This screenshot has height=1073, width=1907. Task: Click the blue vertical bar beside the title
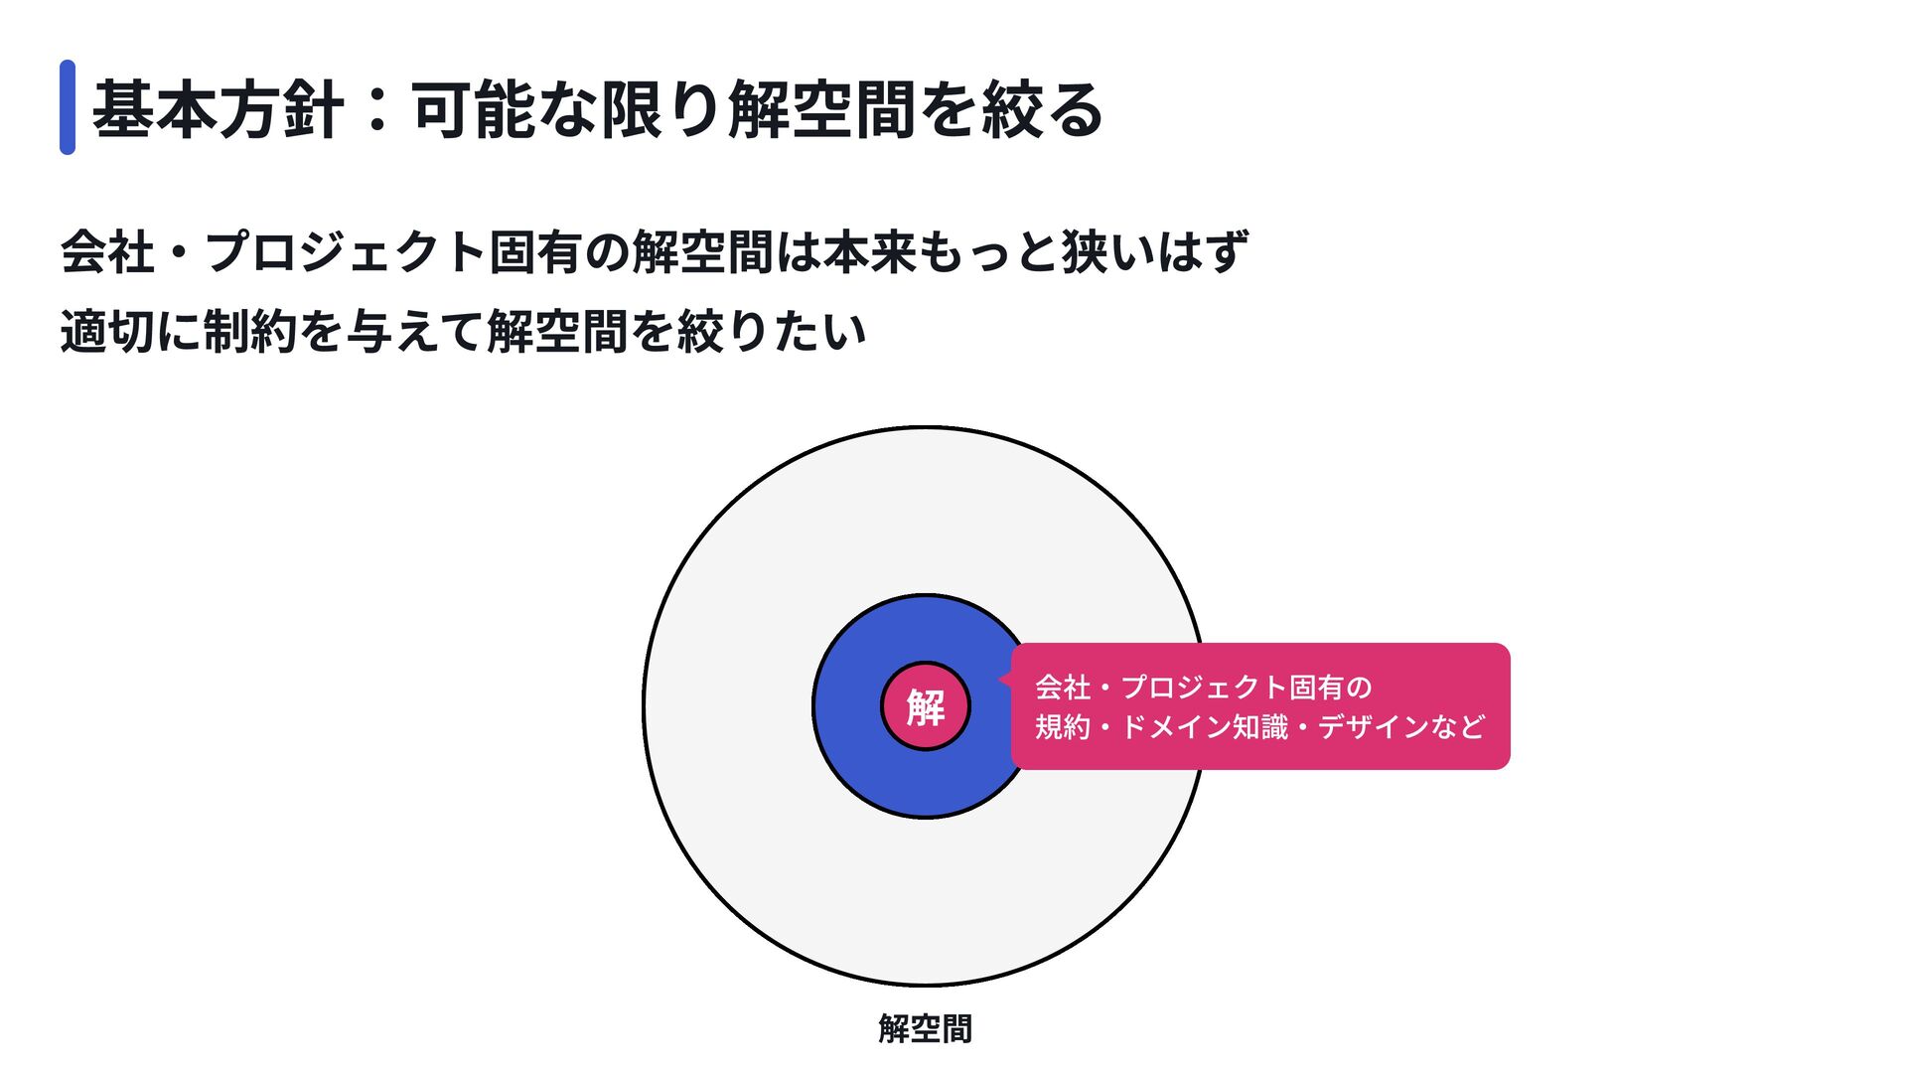(x=68, y=107)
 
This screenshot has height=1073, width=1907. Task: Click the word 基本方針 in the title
(x=218, y=109)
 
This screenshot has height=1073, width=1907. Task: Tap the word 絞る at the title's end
(x=1043, y=109)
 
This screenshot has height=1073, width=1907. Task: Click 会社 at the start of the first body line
(x=107, y=251)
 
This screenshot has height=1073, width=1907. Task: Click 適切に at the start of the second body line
(x=130, y=331)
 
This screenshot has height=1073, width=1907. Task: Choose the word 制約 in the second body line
(x=249, y=331)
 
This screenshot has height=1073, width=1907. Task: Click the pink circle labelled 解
(x=925, y=706)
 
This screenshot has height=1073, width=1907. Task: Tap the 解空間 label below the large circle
(x=925, y=1028)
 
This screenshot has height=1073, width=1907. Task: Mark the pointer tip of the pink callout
(x=1000, y=681)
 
